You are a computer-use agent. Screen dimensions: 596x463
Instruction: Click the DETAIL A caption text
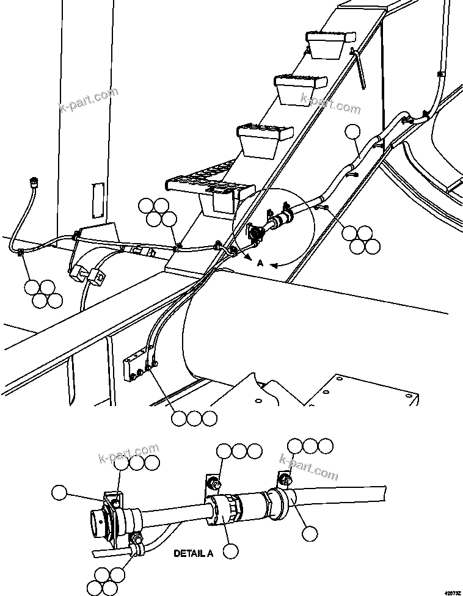(x=193, y=554)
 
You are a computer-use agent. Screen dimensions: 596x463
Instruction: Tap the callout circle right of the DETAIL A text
(x=230, y=551)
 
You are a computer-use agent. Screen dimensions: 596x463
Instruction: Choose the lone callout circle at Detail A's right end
(x=310, y=534)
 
